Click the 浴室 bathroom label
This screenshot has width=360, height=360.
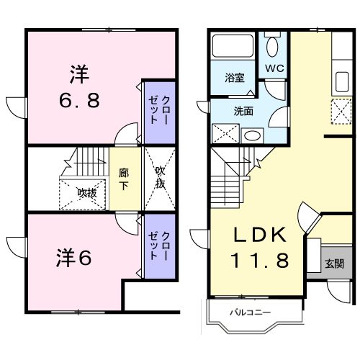(x=233, y=77)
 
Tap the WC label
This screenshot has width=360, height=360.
(x=274, y=68)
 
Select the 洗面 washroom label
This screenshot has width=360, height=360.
(x=243, y=111)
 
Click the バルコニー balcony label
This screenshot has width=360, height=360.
(x=250, y=312)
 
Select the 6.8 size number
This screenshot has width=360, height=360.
(x=79, y=99)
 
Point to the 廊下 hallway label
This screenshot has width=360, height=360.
(x=124, y=178)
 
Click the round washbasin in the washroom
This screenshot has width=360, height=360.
(x=252, y=135)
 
